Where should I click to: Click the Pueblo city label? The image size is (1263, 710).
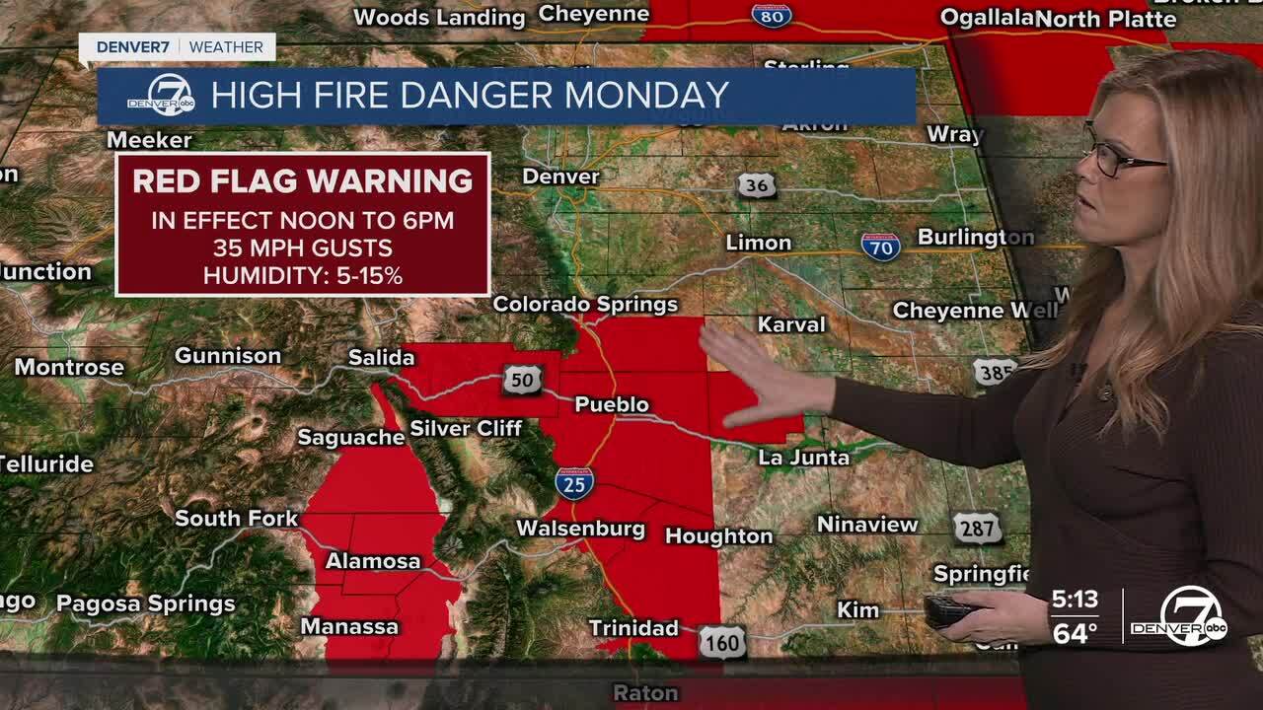tap(612, 404)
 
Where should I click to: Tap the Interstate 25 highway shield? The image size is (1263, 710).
tap(573, 482)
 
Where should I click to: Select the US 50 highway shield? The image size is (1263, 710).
tap(521, 379)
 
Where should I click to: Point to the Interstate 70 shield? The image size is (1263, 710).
tap(880, 246)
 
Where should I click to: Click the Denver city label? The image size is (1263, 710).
tap(560, 177)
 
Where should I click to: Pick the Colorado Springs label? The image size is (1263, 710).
tap(585, 304)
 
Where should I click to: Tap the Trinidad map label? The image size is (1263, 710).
tap(633, 628)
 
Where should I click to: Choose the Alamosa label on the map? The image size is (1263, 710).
tap(373, 561)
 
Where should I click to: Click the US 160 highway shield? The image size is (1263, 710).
tap(722, 643)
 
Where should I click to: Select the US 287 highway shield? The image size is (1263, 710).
tap(977, 529)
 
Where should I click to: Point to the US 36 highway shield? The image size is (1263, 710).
tap(756, 185)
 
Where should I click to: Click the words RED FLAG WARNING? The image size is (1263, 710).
tap(303, 181)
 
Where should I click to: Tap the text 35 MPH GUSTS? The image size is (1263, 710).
tap(303, 248)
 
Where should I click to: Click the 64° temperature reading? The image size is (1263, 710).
tap(1075, 633)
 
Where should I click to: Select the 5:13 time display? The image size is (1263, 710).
tap(1075, 600)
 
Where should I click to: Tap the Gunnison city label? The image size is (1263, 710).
tap(228, 356)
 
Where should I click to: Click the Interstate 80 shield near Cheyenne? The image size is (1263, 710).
tap(771, 15)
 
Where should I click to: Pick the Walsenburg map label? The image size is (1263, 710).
tap(580, 530)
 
